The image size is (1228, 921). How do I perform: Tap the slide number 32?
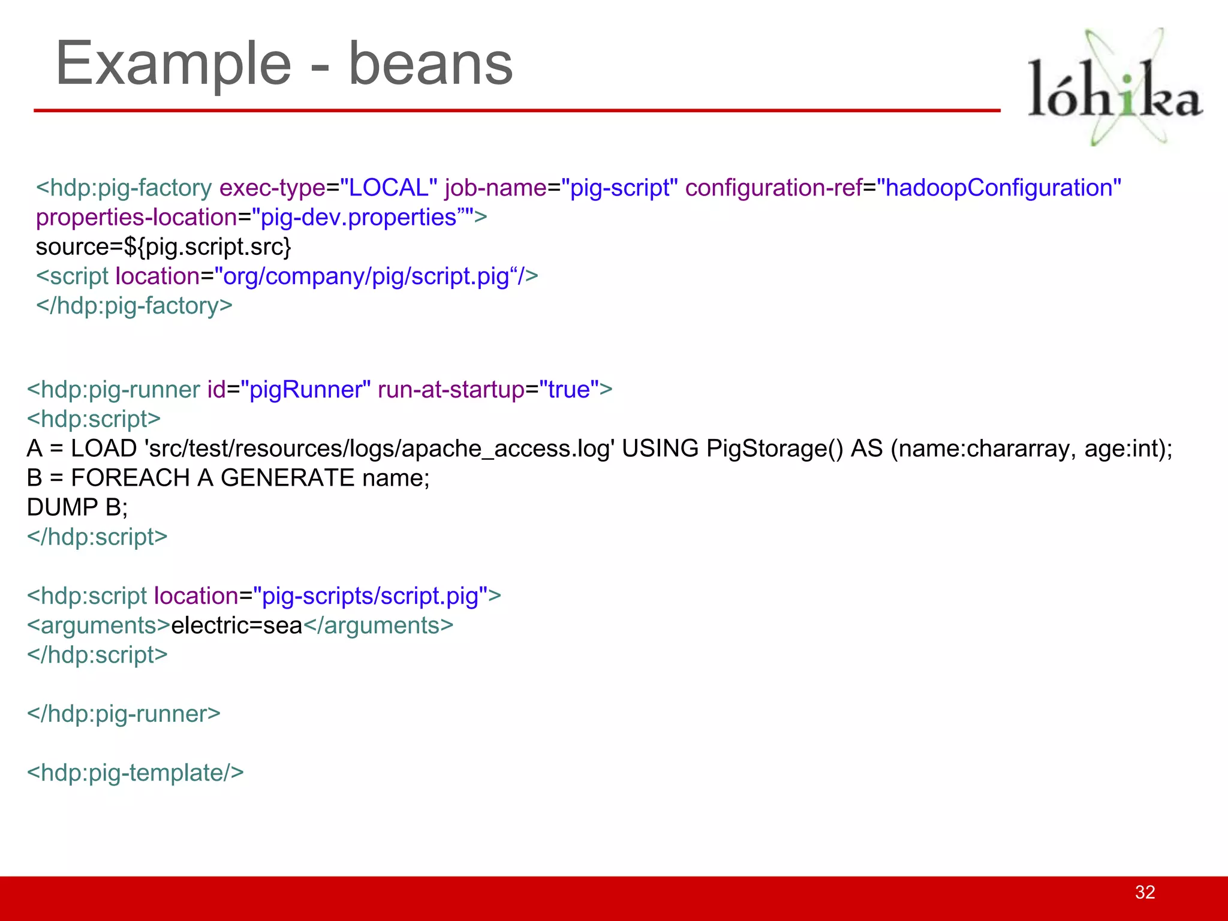point(1145,892)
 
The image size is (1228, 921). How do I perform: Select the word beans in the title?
point(430,64)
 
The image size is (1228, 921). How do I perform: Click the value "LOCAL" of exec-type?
point(389,188)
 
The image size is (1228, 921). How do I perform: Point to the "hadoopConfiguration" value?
point(998,188)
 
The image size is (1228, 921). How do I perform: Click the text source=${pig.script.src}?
point(163,247)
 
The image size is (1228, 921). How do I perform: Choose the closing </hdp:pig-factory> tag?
point(134,306)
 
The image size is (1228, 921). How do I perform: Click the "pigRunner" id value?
point(305,390)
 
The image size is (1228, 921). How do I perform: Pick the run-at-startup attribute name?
point(451,390)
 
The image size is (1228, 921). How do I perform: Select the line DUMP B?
point(77,507)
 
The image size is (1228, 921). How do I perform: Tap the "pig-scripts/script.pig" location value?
point(370,596)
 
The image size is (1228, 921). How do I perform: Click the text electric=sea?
point(237,625)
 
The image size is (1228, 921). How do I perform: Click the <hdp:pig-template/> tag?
point(136,773)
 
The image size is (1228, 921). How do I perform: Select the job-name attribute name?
point(495,188)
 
